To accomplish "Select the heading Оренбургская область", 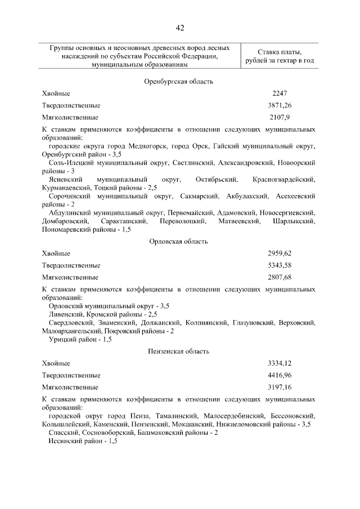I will point(179,82).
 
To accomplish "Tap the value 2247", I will point(280,93).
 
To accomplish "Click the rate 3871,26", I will point(280,105).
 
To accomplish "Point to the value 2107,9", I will point(280,118).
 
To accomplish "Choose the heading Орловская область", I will point(179,241).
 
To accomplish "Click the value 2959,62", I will point(280,253).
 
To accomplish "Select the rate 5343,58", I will point(280,265).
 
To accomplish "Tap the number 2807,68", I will point(280,277).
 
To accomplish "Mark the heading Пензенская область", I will point(179,352).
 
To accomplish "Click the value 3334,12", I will point(280,363).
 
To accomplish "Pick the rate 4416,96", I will point(280,375).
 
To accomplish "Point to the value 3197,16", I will point(280,388).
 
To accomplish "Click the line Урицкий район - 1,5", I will point(80,340).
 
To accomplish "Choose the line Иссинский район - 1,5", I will point(83,442).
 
